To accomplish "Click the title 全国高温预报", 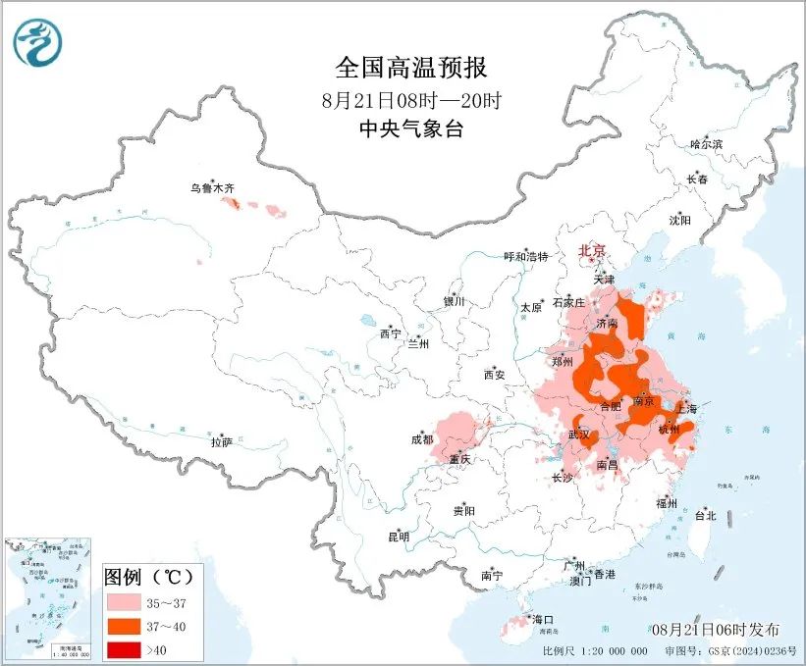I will coord(410,68).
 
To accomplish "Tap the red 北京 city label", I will coord(593,250).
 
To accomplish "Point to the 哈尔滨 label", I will coord(705,144).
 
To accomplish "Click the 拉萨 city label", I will coord(221,442).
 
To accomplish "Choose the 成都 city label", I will coord(422,439).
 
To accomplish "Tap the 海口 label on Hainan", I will coord(543,619).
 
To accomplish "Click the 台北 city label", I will coord(705,515).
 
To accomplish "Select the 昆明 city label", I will coord(398,536).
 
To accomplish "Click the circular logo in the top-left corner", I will coord(38,42).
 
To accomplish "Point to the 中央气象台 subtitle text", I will coord(410,128).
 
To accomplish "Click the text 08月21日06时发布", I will coord(714,629).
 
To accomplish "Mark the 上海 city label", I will coord(685,409).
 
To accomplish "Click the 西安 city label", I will coord(494,375).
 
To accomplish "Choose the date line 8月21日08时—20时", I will coord(410,99).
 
